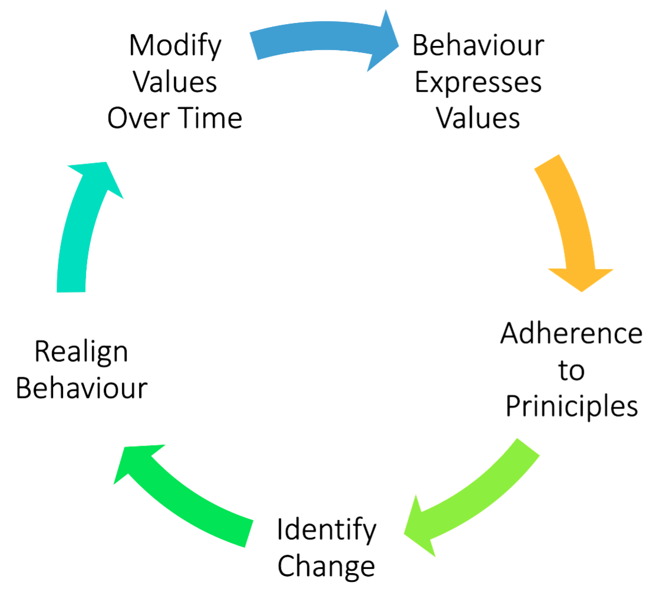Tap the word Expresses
click(478, 82)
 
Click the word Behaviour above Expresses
click(478, 45)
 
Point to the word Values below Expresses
click(478, 118)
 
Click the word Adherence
click(571, 334)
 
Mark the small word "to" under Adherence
click(571, 371)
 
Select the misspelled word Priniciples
click(571, 406)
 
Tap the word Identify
click(326, 530)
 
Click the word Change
click(326, 566)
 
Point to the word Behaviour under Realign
click(81, 388)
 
